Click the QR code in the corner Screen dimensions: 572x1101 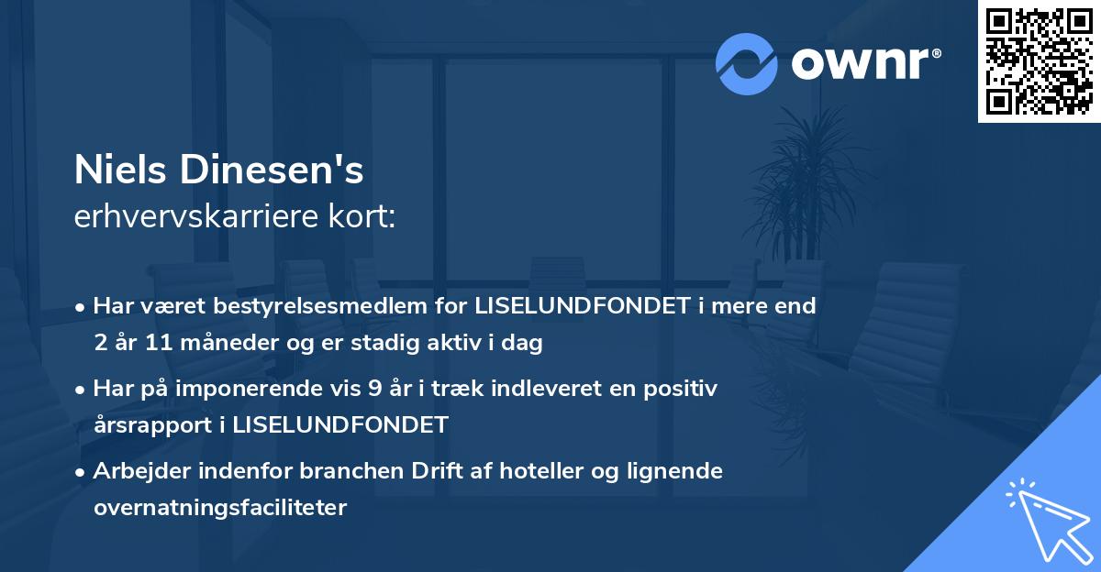pos(1039,60)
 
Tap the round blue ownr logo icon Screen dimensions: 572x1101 pos(747,63)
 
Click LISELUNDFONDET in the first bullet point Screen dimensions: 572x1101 pos(582,306)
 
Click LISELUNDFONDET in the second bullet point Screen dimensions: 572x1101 pos(340,425)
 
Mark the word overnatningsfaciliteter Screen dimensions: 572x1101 pos(219,508)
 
